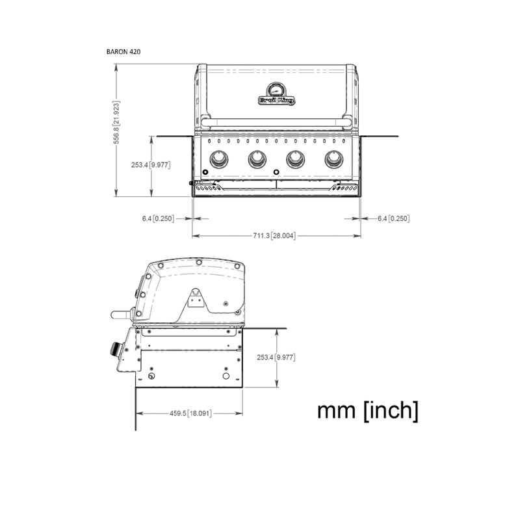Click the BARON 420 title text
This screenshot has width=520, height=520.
123,50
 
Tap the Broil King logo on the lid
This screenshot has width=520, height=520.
276,100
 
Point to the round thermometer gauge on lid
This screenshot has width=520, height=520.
276,89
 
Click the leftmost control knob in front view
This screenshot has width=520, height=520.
219,158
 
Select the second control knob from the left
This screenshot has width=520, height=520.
257,158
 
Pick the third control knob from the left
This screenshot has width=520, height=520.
296,158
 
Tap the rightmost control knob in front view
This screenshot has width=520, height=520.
334,158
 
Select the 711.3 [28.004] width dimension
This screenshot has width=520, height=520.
274,235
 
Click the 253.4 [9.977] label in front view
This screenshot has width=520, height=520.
150,165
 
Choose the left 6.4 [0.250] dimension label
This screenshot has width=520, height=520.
157,218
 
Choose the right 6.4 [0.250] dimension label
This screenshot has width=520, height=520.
393,218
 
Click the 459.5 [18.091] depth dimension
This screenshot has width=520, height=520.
192,413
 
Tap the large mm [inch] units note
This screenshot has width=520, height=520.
367,411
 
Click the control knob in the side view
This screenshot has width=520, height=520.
115,350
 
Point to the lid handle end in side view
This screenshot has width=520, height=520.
119,315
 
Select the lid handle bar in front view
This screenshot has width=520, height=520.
276,122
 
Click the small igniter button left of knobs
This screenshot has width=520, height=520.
205,171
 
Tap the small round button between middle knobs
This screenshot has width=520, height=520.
276,172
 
